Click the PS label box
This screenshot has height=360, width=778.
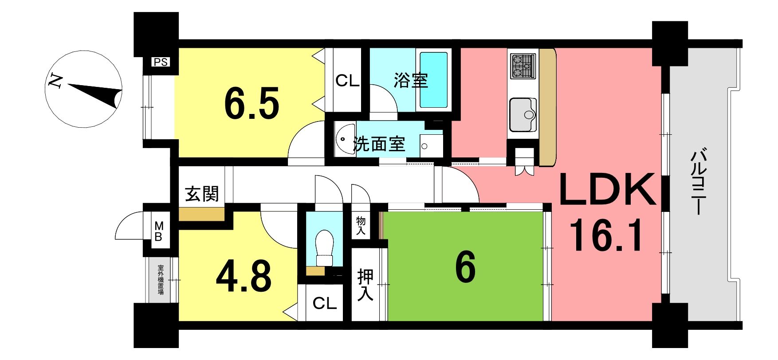161,62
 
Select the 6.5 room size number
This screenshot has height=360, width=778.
251,105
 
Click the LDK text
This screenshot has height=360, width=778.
607,190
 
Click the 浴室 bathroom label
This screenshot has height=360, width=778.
411,81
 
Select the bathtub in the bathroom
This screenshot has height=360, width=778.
433,80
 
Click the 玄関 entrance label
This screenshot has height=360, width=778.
202,194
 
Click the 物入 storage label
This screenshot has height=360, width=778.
361,226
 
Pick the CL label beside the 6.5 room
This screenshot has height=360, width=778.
347,81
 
